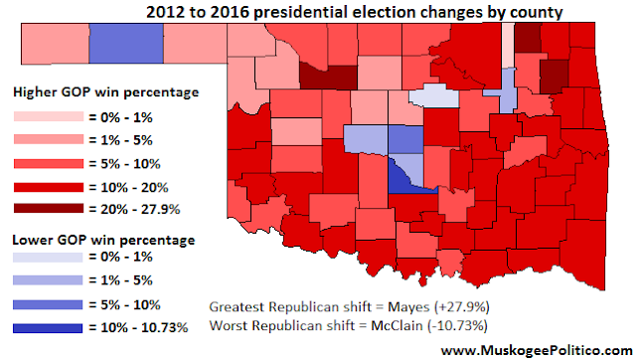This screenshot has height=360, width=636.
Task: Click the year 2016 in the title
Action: point(229,12)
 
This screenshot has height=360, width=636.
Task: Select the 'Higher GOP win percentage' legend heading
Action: point(106,92)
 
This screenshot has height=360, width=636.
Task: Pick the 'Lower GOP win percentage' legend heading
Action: point(103,240)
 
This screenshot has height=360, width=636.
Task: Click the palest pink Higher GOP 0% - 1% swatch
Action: point(49,116)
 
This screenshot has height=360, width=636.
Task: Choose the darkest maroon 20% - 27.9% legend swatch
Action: point(49,208)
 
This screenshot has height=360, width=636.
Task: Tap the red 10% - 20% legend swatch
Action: point(49,187)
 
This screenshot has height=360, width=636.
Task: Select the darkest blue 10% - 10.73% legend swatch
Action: point(48,328)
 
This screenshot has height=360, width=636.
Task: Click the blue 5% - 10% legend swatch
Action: point(48,304)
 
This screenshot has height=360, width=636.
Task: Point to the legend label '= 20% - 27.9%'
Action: point(134,210)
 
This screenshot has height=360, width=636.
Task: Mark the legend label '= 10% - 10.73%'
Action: point(138,327)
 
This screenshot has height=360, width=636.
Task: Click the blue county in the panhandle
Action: point(126,44)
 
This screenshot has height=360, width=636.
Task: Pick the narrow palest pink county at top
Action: point(508,45)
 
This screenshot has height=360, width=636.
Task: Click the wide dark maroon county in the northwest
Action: point(329,77)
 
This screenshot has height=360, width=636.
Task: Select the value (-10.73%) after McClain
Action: point(457,326)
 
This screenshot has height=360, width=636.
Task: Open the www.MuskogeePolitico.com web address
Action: point(537,350)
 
